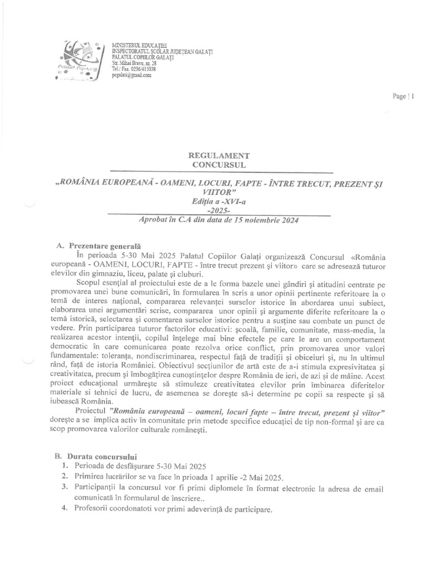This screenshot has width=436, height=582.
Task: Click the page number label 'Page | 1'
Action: (404, 96)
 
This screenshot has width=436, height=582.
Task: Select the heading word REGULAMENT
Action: (219, 156)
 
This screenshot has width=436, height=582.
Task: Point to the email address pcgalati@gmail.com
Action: (132, 74)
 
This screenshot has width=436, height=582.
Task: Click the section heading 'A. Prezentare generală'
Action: (98, 247)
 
